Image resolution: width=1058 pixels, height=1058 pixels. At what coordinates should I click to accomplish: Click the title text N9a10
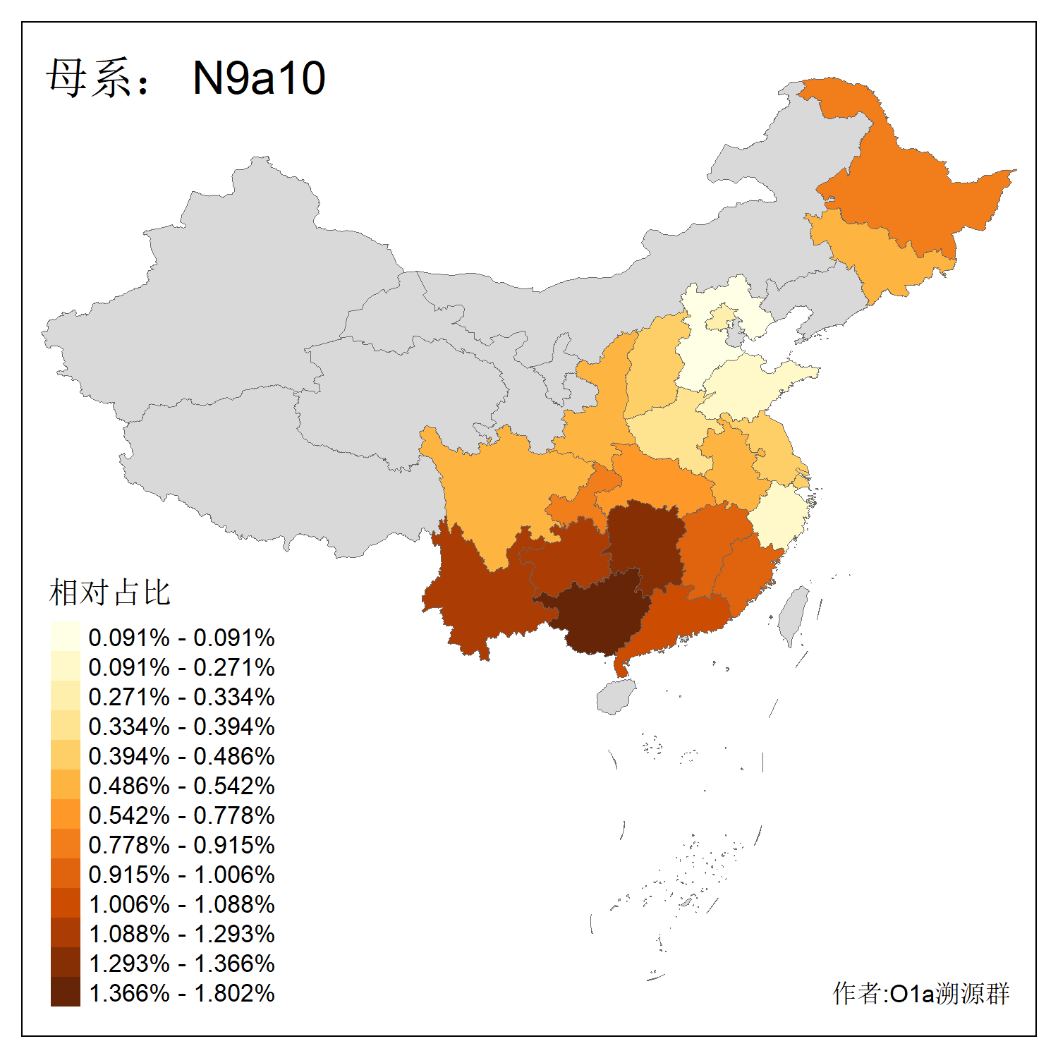coord(259,78)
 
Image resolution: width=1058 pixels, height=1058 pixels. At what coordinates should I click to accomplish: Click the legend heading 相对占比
coord(109,592)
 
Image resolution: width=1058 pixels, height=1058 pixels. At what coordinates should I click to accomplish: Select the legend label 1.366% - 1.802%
coord(181,993)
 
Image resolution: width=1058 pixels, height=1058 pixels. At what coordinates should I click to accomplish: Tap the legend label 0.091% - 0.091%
coord(181,638)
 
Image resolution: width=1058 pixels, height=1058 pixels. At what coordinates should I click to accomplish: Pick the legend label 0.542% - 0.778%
coord(181,815)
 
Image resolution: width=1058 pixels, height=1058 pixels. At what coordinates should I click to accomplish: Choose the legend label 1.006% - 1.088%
coord(181,904)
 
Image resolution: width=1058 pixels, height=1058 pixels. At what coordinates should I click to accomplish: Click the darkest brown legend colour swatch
coord(65,992)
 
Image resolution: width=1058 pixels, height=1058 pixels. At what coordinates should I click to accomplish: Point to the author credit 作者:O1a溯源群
coord(920,993)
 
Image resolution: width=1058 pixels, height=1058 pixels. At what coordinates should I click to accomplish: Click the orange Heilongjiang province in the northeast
coord(910,197)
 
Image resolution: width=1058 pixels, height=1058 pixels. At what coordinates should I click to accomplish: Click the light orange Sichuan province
coord(494,487)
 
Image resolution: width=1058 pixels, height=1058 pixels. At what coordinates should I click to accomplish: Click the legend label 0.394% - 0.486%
coord(181,756)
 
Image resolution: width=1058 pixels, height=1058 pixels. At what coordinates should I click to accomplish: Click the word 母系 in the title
coord(88,78)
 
